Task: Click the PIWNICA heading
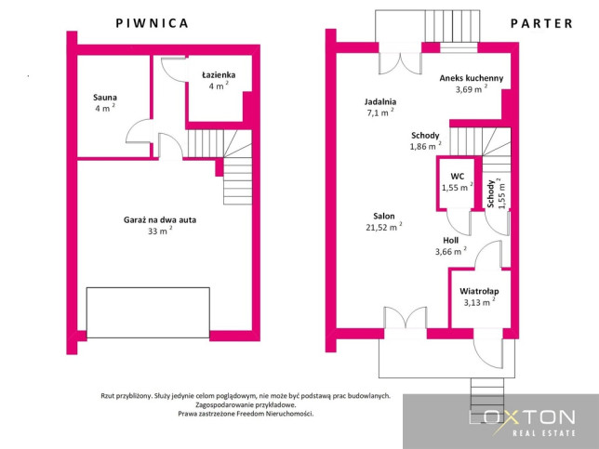pos(152,23)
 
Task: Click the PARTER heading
pos(541,23)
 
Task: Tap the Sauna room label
pos(105,98)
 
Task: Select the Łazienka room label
pos(219,74)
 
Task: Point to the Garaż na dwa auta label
pos(160,220)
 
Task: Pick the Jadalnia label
pos(380,102)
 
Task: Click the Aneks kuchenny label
pos(471,78)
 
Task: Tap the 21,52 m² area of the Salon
pos(383,227)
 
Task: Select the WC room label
pos(458,177)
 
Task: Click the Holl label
pos(451,241)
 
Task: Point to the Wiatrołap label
pos(479,291)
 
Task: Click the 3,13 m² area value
pos(479,302)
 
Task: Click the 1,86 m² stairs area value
pos(425,146)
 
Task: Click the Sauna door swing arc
pos(132,126)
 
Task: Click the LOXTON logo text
pos(522,417)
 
